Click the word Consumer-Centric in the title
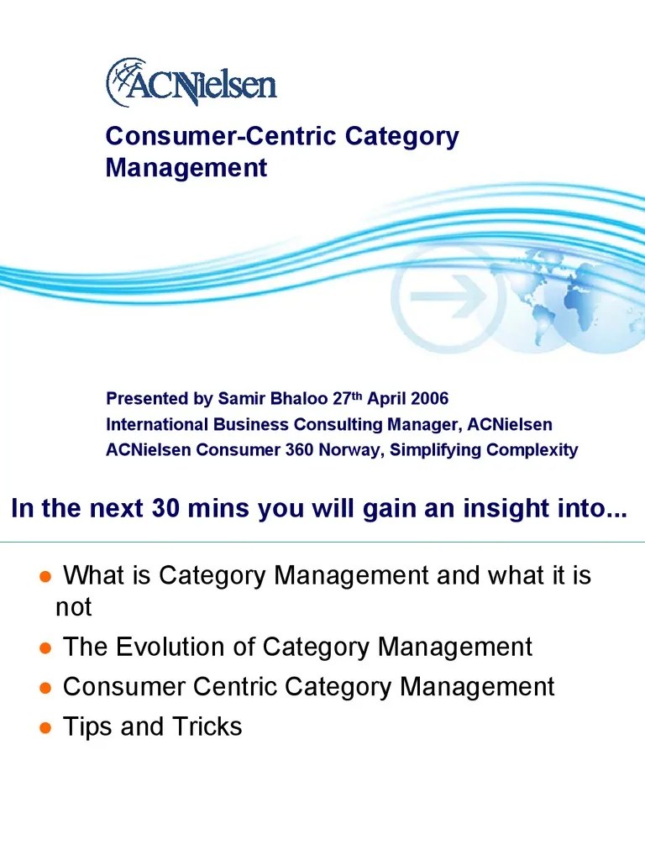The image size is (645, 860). [195, 137]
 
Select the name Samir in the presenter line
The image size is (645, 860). [241, 398]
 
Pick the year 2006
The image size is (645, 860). [428, 398]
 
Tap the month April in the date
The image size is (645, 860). [385, 398]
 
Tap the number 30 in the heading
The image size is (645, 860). [166, 509]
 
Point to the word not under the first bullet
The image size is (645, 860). [73, 607]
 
